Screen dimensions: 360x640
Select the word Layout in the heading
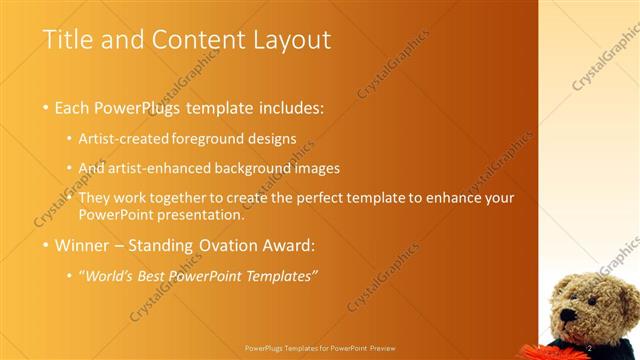pos(290,40)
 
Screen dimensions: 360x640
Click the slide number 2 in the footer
pos(590,347)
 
